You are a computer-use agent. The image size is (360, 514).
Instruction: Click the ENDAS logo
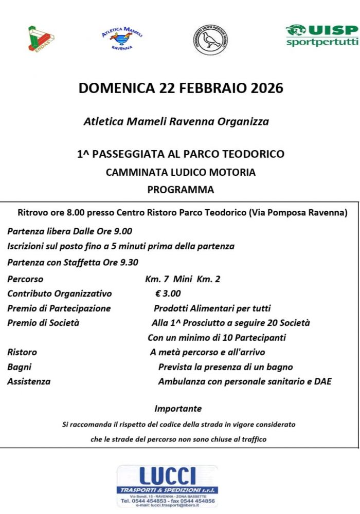41,39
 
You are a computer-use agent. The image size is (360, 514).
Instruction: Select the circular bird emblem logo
211,40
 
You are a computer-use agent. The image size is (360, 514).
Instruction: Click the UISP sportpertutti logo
322,35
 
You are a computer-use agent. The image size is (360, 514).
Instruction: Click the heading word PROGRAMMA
181,190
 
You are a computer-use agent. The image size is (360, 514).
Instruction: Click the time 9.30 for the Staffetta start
129,262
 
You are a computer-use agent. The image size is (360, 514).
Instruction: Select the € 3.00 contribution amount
168,293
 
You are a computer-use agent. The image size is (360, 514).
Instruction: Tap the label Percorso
25,279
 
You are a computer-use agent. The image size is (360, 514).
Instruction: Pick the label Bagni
20,367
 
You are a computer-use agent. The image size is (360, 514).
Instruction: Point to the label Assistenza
29,381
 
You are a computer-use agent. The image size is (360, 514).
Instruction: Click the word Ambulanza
181,381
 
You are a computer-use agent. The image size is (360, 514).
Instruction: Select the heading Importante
178,409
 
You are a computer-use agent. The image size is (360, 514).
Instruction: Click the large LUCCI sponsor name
167,475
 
